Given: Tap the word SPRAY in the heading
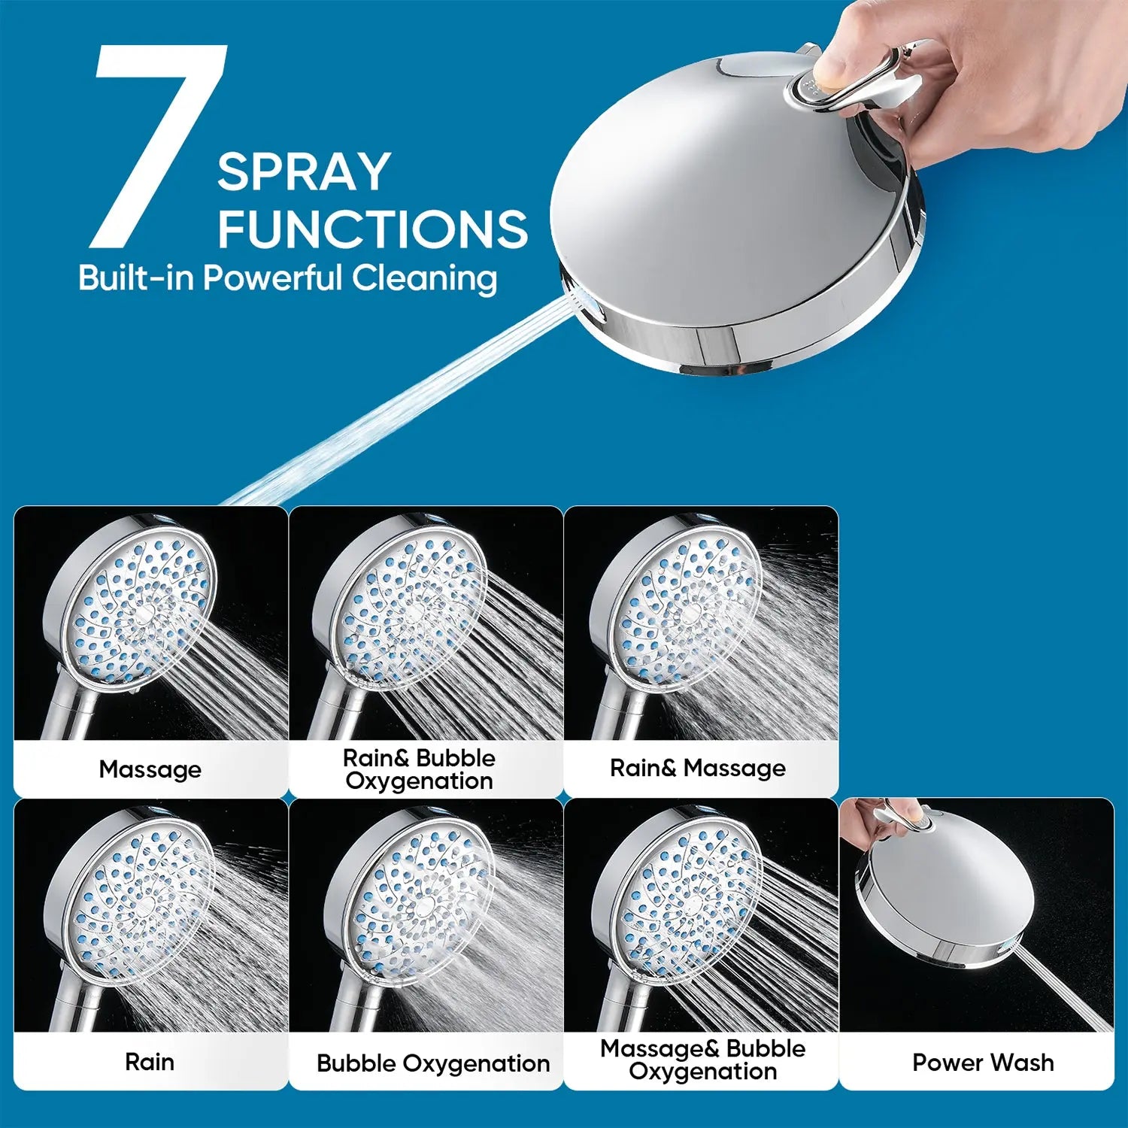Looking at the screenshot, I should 304,172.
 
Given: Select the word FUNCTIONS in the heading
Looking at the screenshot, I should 373,229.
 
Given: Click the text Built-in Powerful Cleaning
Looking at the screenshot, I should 287,278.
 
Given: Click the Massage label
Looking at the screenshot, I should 150,769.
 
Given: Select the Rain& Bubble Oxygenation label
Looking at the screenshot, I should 419,769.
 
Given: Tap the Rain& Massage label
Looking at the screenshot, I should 698,768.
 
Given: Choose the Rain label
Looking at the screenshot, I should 150,1062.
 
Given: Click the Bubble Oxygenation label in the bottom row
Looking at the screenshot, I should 433,1063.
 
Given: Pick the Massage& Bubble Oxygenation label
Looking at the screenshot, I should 702,1060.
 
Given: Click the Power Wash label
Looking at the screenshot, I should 983,1062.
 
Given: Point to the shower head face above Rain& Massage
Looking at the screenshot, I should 684,602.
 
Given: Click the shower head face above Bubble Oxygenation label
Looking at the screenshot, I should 421,899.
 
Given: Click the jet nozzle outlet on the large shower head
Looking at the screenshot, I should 583,301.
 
